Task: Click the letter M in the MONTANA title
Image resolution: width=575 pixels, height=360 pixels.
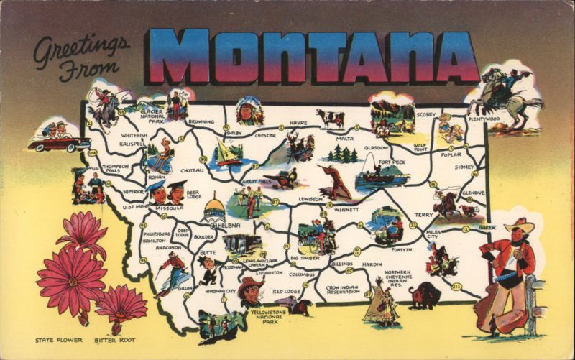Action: pyautogui.click(x=177, y=57)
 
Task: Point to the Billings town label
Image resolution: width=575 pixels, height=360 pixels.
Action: pyautogui.click(x=342, y=264)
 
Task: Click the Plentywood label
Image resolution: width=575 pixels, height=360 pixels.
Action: pyautogui.click(x=484, y=119)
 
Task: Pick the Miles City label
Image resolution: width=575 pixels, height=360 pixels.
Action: pyautogui.click(x=437, y=234)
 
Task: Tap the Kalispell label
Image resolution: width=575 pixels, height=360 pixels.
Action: pyautogui.click(x=132, y=143)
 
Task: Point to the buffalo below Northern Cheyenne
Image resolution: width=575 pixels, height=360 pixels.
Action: pyautogui.click(x=424, y=295)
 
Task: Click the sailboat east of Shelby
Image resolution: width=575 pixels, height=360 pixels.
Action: pyautogui.click(x=229, y=153)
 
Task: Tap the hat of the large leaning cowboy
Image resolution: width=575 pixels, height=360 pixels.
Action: pyautogui.click(x=518, y=226)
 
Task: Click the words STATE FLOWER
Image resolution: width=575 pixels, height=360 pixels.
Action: pyautogui.click(x=58, y=339)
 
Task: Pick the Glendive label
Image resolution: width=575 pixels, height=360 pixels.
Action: pyautogui.click(x=473, y=193)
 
